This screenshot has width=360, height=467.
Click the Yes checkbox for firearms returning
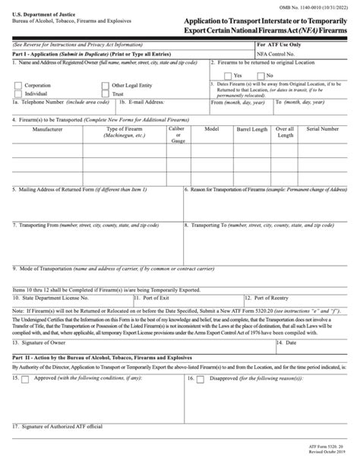(229, 75)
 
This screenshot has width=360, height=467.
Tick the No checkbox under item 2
(265, 75)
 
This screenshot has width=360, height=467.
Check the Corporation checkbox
(17, 86)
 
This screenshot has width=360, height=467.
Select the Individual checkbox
(17, 93)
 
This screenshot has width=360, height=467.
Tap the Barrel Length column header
(254, 129)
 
